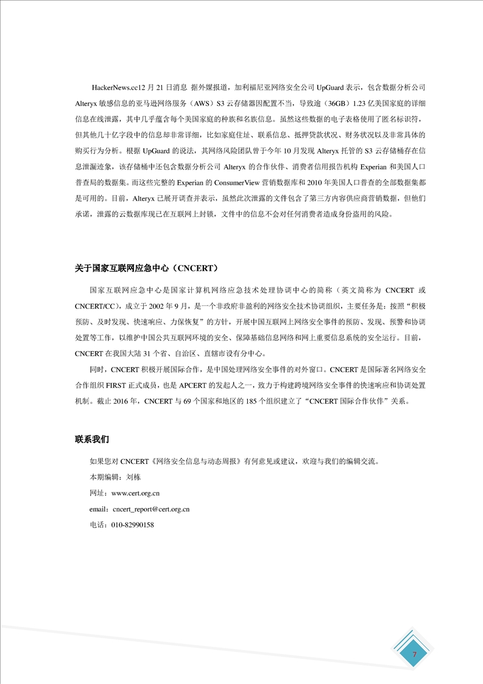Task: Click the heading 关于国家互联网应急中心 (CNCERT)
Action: (x=146, y=268)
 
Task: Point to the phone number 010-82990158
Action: (x=130, y=524)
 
